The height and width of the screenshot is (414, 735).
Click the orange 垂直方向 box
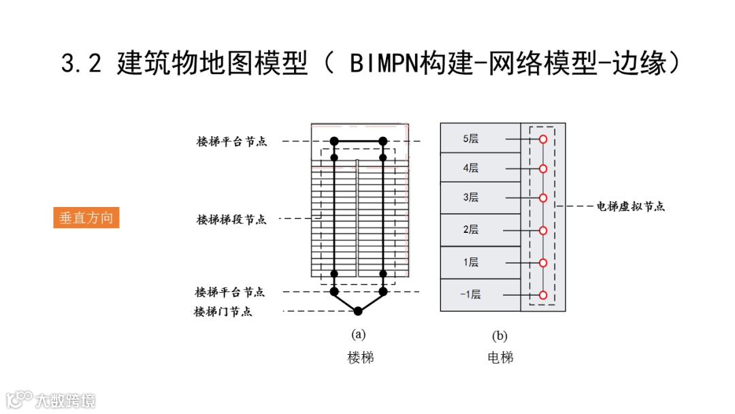pos(86,218)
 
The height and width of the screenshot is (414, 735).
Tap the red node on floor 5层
pos(543,139)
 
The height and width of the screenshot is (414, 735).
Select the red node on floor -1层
pos(543,295)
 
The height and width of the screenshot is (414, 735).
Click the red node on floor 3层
pos(543,198)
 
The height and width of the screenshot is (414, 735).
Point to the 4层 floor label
pos(471,168)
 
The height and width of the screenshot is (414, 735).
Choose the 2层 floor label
pos(471,229)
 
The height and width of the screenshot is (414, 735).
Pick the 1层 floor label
pos(471,262)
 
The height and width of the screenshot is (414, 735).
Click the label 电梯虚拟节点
pos(630,206)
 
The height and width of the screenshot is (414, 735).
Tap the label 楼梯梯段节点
pos(231,219)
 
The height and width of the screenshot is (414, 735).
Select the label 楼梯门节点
pos(223,312)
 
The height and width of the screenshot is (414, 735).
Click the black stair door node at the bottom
pos(358,311)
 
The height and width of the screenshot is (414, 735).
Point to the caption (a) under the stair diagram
pos(358,334)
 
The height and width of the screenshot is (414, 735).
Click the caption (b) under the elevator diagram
pos(500,336)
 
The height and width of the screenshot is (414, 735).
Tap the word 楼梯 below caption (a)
pos(360,357)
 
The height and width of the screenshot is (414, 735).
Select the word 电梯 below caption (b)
pos(500,357)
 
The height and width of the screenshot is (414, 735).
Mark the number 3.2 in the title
pos(81,64)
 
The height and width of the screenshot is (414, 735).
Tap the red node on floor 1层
pos(543,262)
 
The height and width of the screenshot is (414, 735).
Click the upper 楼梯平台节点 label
pos(231,142)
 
